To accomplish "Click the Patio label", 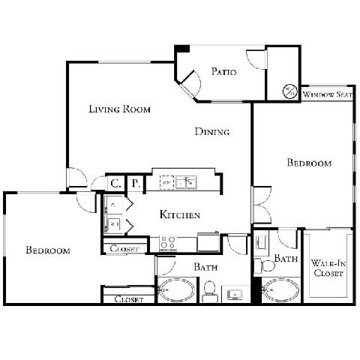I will (223, 73).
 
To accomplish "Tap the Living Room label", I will (120, 109).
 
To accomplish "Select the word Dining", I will (212, 132).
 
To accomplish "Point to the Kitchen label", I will (180, 215).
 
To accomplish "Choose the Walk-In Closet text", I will (328, 268).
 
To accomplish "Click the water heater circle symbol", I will (290, 91).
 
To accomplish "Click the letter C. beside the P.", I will (116, 182).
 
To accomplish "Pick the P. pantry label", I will (136, 182).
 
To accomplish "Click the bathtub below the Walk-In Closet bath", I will (281, 289).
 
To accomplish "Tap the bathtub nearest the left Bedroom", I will (177, 289).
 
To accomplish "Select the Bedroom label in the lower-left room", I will (48, 250).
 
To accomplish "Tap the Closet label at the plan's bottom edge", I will (129, 299).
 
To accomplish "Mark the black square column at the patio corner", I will (181, 49).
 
